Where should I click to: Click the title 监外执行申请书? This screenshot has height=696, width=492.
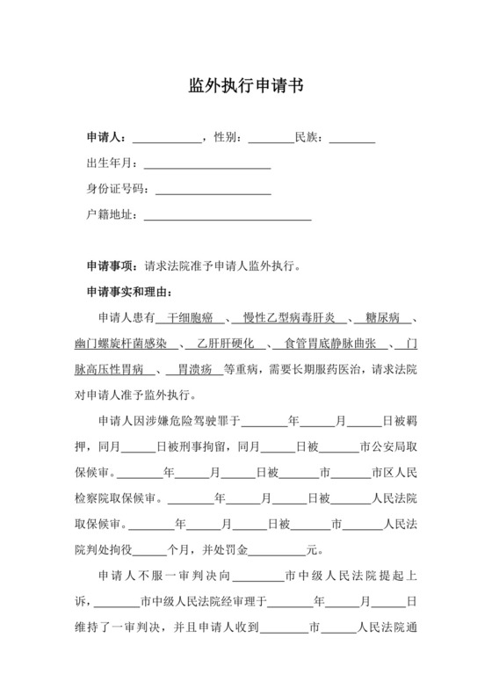click(246, 86)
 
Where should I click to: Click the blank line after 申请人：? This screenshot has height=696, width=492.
click(166, 138)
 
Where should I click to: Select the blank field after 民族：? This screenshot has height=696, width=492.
click(351, 138)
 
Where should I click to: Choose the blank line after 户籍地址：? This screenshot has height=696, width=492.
click(227, 214)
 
